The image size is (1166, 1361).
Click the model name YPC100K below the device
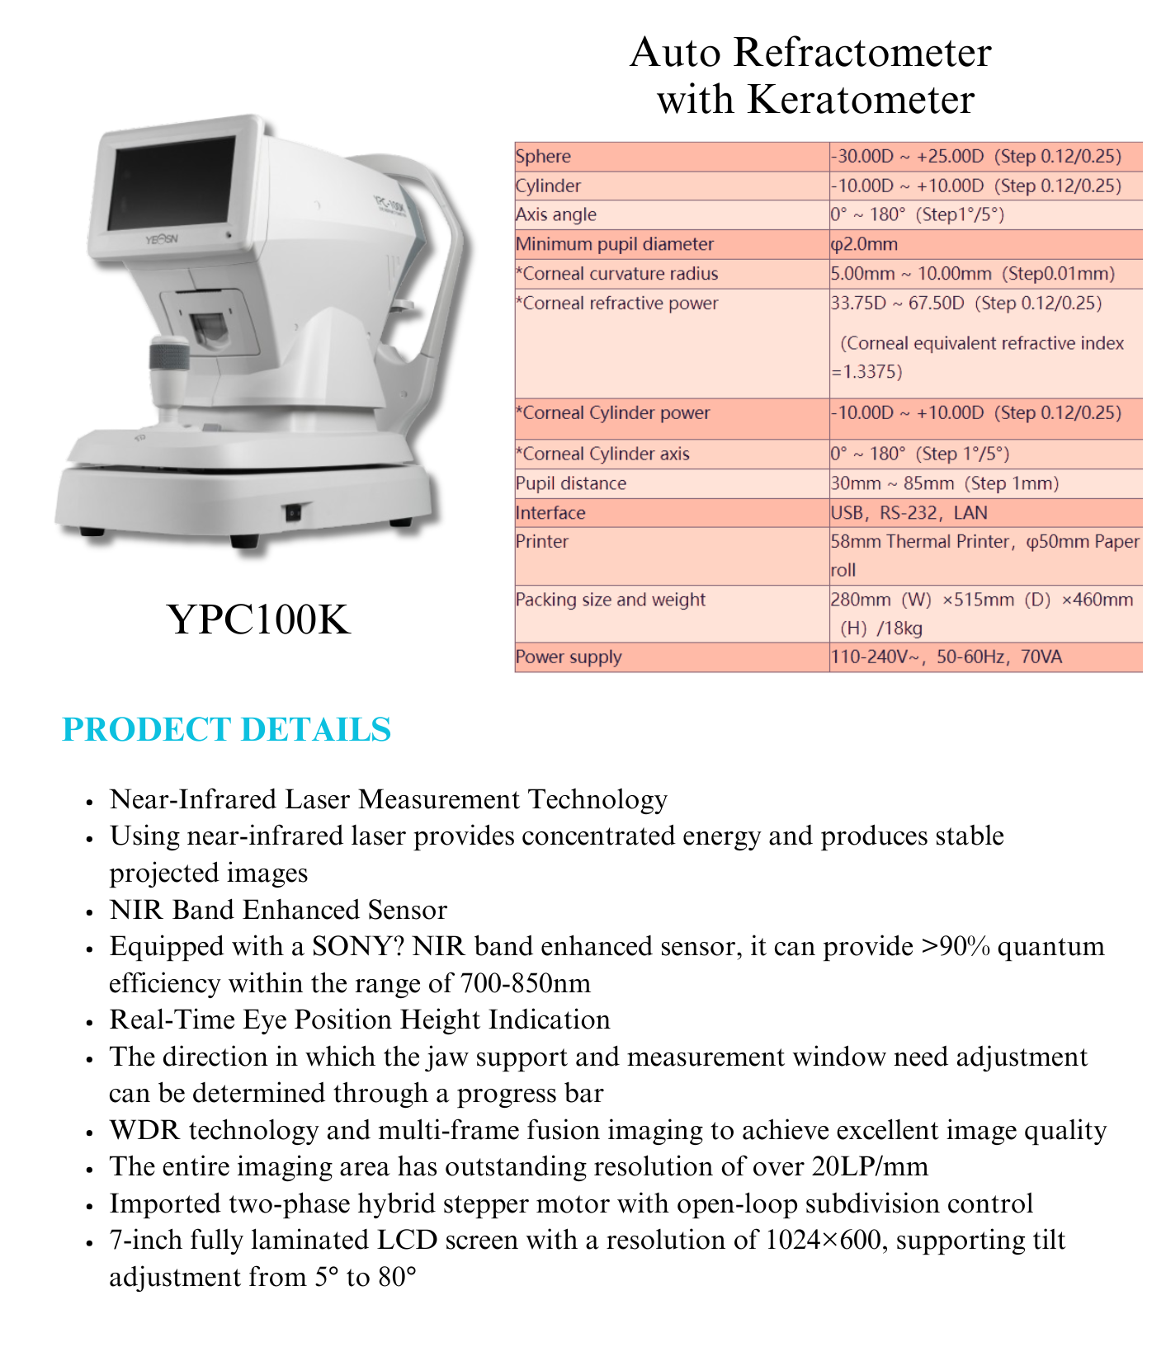259,619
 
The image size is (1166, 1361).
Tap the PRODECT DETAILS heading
226,729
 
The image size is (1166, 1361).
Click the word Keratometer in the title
861,100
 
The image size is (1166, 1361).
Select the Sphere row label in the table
543,157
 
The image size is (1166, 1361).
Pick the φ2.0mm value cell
864,244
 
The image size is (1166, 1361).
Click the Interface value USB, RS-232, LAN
909,513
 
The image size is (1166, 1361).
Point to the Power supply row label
569,657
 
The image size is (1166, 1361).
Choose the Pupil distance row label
571,483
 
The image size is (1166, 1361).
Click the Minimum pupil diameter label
615,244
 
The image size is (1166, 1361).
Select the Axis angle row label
555,214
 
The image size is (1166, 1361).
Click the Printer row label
542,542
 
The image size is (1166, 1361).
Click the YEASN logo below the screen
161,240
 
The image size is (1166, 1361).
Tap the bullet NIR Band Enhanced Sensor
278,910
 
